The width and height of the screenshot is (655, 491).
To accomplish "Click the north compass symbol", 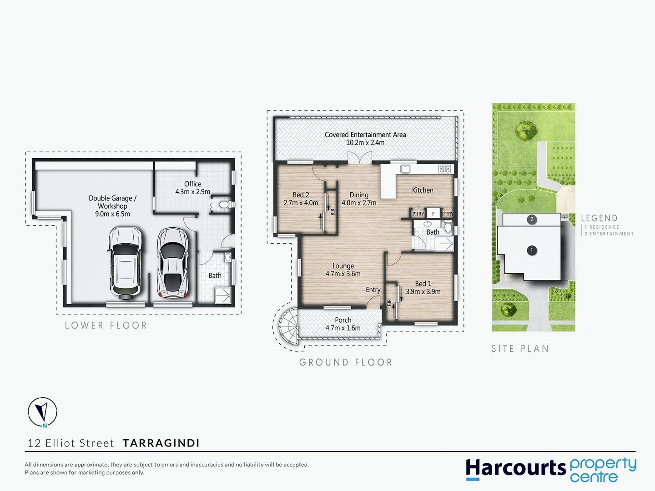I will [x=42, y=412].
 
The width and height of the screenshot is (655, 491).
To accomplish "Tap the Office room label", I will [x=193, y=184].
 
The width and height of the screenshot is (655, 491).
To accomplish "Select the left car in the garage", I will [x=125, y=263].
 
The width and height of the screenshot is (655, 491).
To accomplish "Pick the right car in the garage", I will [x=172, y=263].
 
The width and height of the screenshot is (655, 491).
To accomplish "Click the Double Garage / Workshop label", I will [x=112, y=202].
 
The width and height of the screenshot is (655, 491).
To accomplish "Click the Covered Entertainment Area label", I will [x=365, y=135].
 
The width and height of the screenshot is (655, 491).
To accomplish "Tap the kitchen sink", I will [x=405, y=169].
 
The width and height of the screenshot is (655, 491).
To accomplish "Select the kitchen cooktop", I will [x=444, y=169].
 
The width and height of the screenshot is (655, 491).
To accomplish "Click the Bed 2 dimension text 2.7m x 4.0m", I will [x=301, y=203].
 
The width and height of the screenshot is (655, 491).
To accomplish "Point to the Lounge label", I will [x=343, y=266].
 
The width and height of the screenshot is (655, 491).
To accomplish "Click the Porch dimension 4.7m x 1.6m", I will [x=343, y=328].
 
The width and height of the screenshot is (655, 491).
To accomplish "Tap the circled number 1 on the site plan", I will [x=531, y=250].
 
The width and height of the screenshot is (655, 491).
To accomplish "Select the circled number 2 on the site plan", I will [x=531, y=219].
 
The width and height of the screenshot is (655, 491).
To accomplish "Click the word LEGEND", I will [x=599, y=218].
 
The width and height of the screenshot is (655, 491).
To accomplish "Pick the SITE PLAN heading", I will [x=520, y=349].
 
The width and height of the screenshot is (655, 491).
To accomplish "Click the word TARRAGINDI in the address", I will [x=161, y=443].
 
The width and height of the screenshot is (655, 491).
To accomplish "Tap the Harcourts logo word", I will [x=515, y=468].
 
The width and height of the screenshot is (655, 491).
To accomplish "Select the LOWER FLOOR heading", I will [x=106, y=326].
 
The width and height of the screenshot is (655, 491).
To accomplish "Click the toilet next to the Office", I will [x=224, y=205].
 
